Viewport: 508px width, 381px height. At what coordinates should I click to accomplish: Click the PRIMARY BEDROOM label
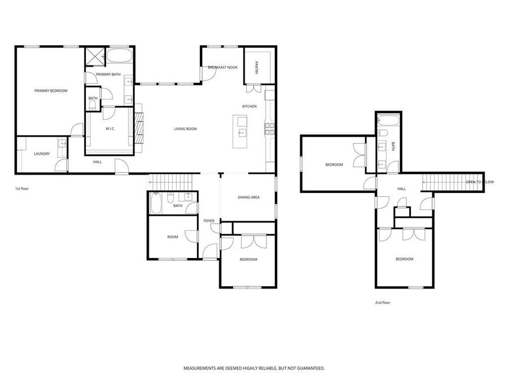(x=51, y=91)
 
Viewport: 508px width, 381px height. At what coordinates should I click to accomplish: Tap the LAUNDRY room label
(x=42, y=154)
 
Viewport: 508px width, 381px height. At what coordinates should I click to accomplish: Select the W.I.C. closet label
(x=110, y=129)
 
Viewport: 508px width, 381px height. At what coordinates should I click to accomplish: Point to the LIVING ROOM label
(x=185, y=129)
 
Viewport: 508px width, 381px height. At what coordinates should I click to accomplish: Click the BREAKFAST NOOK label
(x=223, y=67)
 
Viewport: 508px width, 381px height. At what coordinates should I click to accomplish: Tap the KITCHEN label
(x=249, y=106)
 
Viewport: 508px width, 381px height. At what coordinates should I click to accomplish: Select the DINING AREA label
(x=248, y=197)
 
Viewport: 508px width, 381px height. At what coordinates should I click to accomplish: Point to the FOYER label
(x=209, y=220)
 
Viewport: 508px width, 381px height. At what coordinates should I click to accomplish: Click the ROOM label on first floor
(x=173, y=237)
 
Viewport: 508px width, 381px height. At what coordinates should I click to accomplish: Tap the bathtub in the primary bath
(x=119, y=57)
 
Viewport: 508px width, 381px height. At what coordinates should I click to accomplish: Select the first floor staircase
(x=172, y=182)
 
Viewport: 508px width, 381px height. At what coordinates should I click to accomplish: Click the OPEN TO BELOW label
(x=479, y=182)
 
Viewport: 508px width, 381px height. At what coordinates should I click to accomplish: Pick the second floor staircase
(x=444, y=182)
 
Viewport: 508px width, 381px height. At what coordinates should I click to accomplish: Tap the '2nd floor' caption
(x=383, y=303)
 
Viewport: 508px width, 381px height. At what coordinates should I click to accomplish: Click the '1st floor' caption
(x=21, y=189)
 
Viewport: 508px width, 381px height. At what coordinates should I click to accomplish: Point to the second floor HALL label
(x=401, y=189)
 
